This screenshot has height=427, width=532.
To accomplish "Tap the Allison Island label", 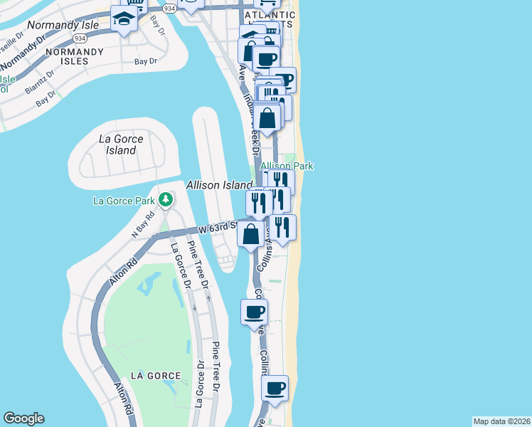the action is pos(219,185).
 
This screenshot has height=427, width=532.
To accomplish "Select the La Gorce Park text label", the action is pos(124,201).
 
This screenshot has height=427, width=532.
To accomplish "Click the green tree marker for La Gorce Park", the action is pos(165,200).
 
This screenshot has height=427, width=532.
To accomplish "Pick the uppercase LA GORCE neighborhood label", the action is pos(155,376).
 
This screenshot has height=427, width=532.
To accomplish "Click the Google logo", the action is pos(23,418).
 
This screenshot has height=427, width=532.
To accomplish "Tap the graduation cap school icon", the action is pos(124,19).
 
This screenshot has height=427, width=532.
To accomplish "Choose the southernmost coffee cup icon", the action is pos(275,389).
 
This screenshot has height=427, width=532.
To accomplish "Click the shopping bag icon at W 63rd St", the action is pos(251,233).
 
